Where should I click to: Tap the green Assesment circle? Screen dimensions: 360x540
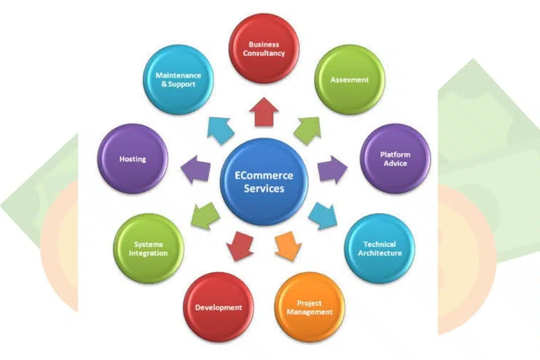(350, 80)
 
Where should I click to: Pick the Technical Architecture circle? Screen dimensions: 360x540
(379, 248)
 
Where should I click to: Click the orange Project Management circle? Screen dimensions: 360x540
(310, 307)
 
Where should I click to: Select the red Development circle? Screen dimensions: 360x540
(219, 307)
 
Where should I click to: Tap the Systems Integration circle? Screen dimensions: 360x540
(148, 248)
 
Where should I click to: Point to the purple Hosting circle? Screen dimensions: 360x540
(133, 159)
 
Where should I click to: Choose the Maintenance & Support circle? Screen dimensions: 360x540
(178, 80)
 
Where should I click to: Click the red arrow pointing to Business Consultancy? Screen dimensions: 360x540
(264, 112)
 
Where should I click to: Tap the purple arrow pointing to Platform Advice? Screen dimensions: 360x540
(332, 169)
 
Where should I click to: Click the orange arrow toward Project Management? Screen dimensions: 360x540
(288, 245)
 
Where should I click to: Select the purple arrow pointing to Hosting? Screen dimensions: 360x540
(196, 169)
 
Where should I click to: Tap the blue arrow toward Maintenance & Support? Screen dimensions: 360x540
(220, 130)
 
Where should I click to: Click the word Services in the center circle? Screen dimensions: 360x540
(264, 188)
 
